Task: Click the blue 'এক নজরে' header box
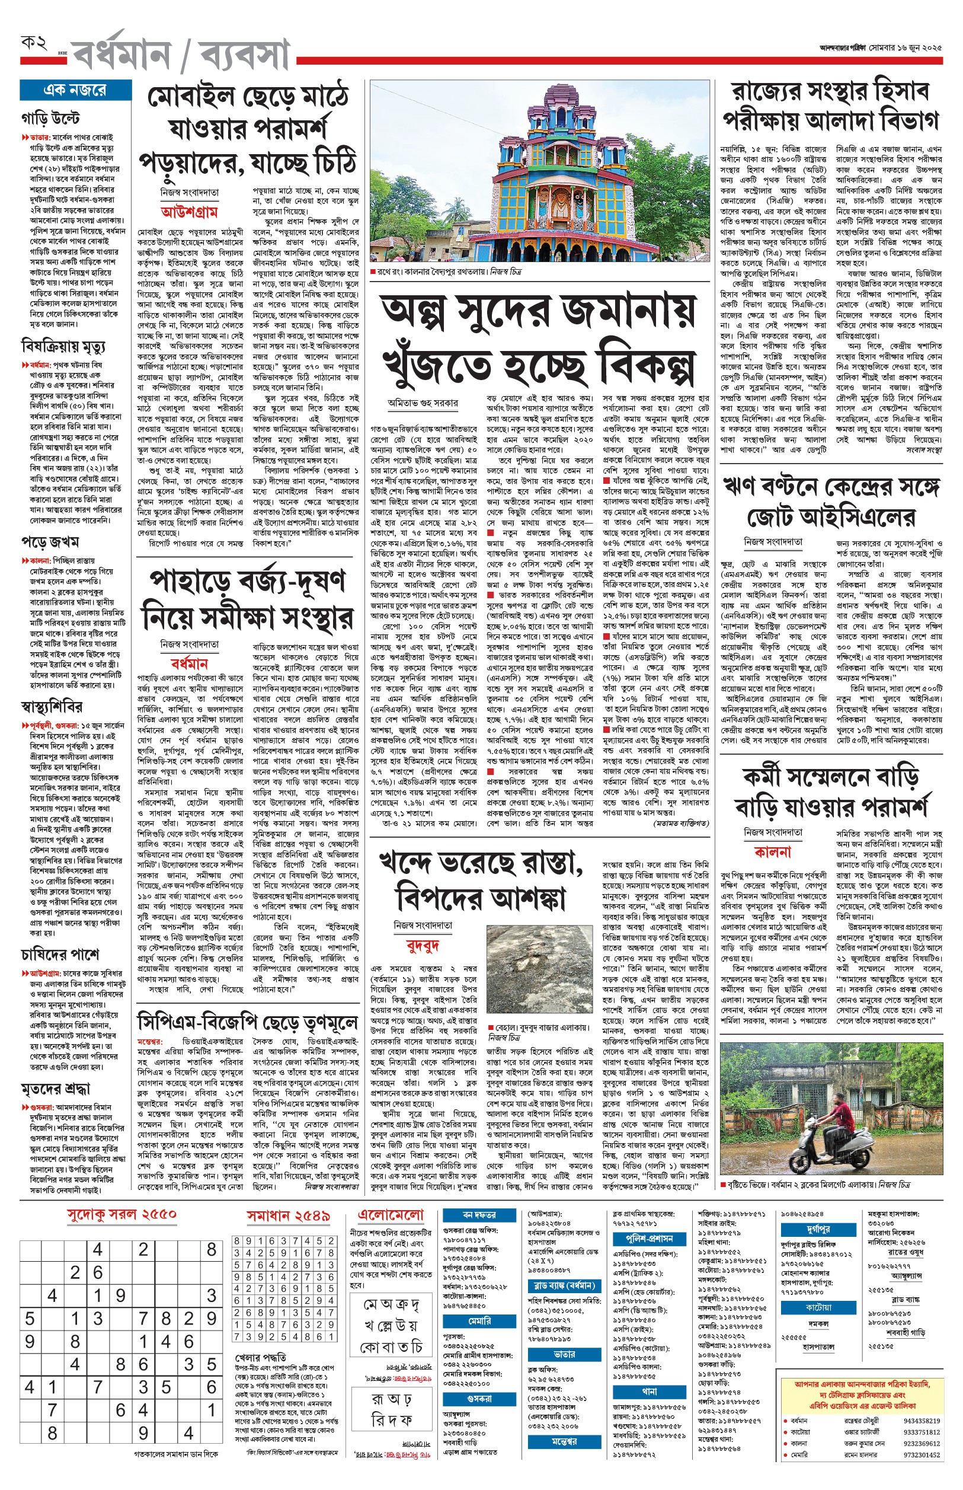pos(75,90)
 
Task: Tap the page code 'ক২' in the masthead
pos(34,43)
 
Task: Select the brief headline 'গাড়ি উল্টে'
pos(50,118)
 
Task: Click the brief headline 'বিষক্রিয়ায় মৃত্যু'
pos(63,346)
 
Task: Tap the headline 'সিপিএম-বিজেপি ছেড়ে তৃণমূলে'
pos(248,1022)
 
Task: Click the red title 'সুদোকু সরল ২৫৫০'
pos(122,1214)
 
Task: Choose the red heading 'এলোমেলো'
pos(391,1215)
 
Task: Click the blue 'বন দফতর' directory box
pos(479,1215)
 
